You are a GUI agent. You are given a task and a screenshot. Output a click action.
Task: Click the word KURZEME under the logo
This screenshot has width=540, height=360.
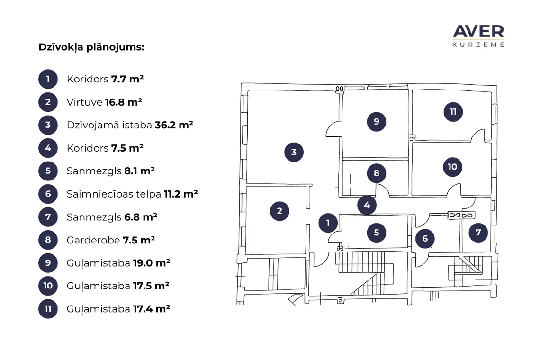(478, 45)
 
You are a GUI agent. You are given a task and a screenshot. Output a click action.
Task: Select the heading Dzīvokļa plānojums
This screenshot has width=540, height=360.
(91, 47)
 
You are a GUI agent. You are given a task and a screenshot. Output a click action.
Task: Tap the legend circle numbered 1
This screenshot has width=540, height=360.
(48, 79)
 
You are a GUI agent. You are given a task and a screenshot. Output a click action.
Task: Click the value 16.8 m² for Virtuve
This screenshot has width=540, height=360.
(124, 102)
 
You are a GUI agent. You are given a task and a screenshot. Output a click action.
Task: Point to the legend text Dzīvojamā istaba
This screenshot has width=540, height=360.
(109, 125)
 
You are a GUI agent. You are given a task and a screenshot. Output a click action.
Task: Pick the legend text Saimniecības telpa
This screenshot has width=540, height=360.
(114, 194)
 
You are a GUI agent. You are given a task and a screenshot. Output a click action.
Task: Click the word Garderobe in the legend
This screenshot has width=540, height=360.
(93, 240)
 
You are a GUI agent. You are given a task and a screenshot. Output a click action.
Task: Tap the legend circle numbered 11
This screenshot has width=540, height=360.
(48, 309)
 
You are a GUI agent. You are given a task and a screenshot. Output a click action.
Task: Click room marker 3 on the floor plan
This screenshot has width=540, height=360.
(294, 152)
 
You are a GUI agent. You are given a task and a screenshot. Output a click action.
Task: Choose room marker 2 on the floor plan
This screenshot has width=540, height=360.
(279, 211)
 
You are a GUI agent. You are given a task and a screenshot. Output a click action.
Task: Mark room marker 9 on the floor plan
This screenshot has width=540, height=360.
(376, 121)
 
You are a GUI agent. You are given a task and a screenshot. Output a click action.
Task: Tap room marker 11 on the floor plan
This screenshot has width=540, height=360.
(453, 112)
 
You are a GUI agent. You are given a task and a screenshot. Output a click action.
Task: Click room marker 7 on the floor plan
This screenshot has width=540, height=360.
(478, 233)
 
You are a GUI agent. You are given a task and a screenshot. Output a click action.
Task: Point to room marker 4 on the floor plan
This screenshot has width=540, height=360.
(367, 205)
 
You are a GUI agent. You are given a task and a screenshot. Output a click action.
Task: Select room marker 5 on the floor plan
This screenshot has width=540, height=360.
(376, 233)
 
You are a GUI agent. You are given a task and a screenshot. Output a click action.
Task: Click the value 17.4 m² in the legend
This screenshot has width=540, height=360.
(152, 309)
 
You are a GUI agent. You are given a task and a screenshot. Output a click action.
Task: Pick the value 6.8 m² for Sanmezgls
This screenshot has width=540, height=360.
(141, 217)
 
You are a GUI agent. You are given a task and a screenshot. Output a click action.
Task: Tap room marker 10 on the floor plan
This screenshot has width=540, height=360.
(452, 167)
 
